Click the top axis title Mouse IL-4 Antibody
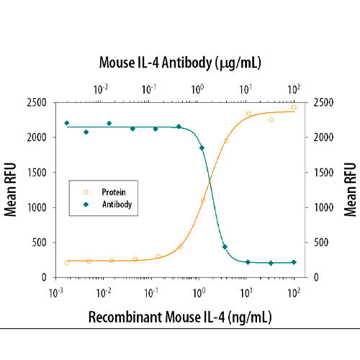[179, 63]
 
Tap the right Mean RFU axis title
[349, 190]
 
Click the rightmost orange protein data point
[294, 107]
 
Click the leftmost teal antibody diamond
[67, 123]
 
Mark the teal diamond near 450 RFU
[225, 247]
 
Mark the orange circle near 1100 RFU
[203, 200]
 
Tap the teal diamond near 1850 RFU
[202, 148]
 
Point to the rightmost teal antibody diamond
[294, 262]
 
